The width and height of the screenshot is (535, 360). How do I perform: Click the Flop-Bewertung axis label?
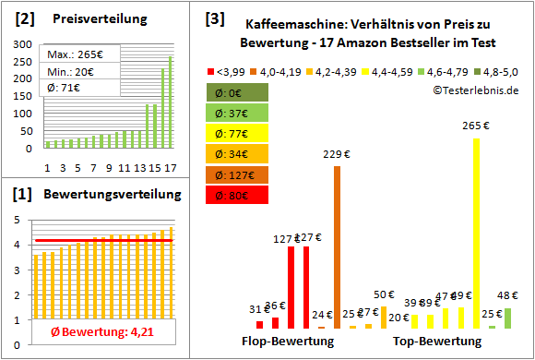(287, 342)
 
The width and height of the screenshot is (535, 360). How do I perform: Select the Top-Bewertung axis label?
(437, 342)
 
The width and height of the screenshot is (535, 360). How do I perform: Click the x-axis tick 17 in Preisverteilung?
(169, 168)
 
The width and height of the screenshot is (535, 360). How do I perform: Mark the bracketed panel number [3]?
(213, 18)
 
